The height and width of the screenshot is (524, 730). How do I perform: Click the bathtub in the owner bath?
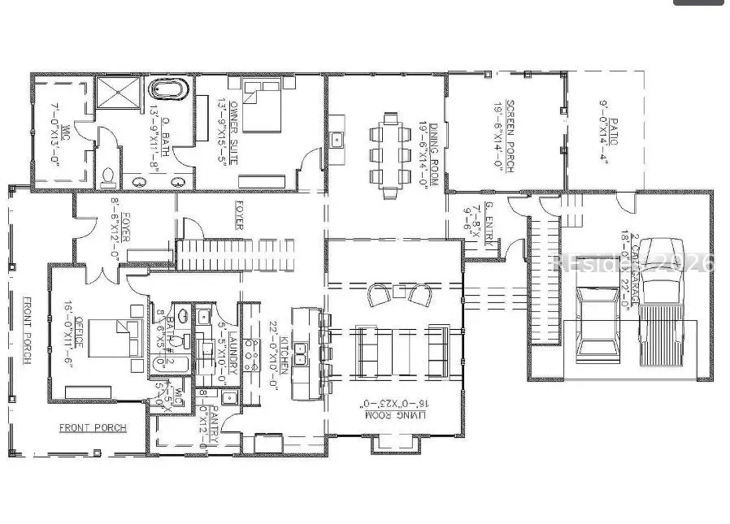(169, 89)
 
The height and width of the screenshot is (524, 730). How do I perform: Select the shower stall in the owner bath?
(117, 92)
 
